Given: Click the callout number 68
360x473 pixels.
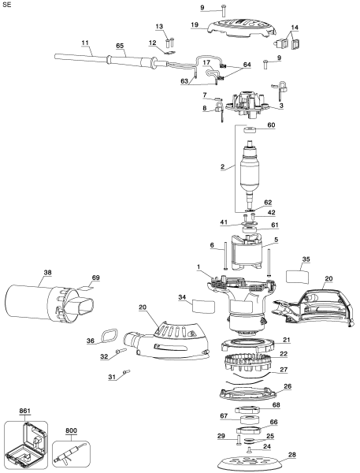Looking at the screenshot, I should click(297, 405).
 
